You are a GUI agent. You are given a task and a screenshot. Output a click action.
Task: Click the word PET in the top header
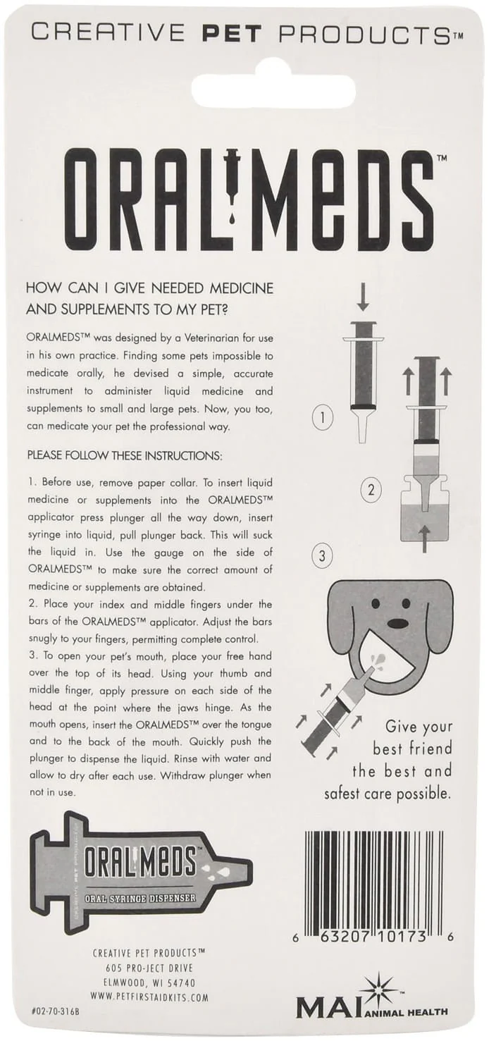(x=233, y=32)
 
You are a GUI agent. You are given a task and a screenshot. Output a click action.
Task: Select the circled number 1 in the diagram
(x=322, y=419)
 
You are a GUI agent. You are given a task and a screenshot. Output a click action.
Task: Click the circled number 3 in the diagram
(x=322, y=556)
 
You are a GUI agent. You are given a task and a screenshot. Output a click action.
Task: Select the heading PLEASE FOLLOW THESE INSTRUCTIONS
(x=124, y=456)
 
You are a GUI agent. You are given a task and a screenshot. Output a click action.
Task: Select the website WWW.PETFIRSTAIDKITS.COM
(x=149, y=997)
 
